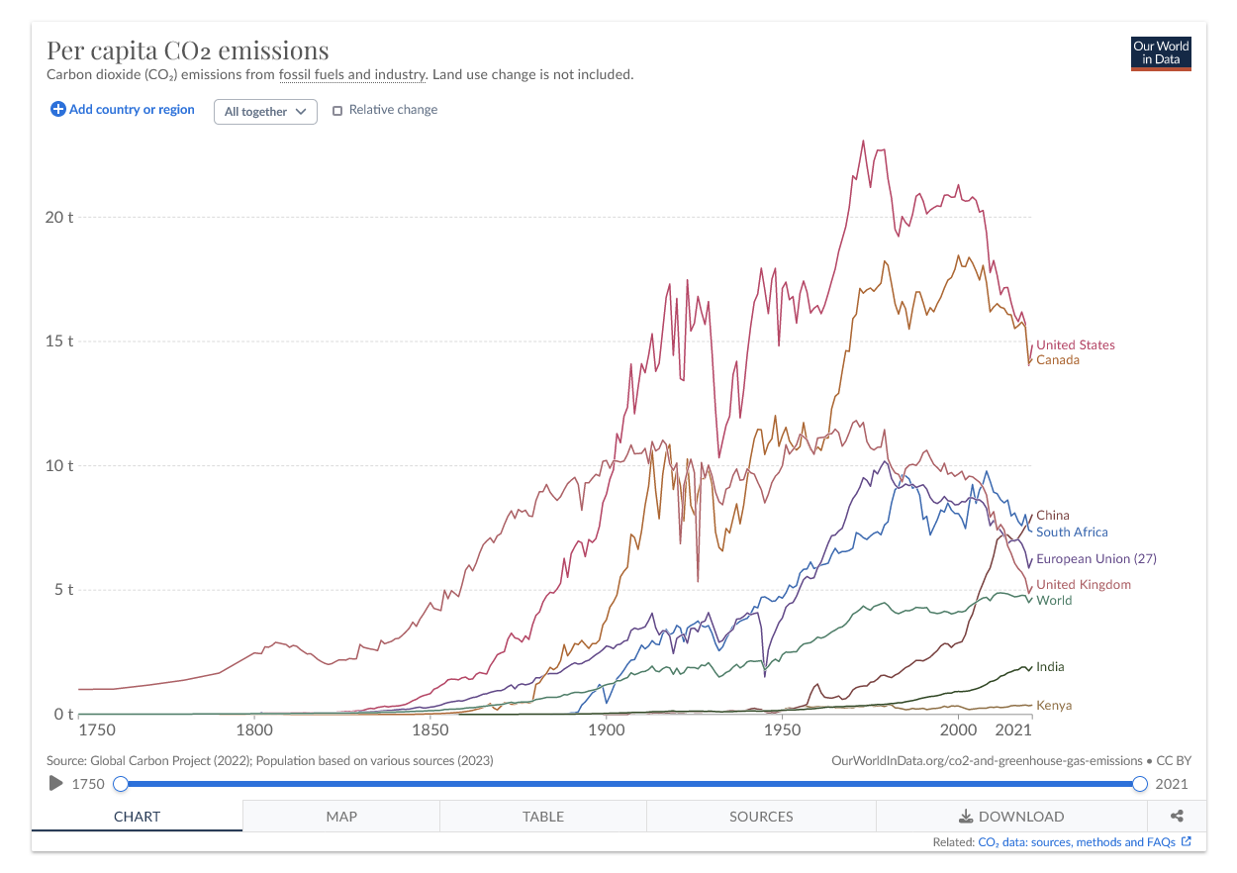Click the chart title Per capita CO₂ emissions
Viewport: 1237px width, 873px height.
coord(188,50)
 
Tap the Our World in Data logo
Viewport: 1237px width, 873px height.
coord(1161,53)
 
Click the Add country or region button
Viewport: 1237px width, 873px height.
coord(123,110)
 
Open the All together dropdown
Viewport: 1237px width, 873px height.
coord(265,112)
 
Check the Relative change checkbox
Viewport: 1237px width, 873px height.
coord(337,111)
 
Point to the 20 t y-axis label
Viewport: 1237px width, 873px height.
coord(60,218)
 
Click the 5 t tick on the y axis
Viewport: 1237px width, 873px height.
coord(64,590)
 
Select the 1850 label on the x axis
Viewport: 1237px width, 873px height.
coord(429,730)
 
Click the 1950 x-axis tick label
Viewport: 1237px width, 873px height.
coord(782,730)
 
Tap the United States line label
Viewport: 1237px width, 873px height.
coord(1075,345)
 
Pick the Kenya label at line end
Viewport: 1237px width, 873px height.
coord(1053,706)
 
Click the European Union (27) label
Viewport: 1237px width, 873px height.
coord(1095,559)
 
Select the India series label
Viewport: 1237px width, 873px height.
coord(1050,667)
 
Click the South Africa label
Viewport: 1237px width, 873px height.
coord(1072,533)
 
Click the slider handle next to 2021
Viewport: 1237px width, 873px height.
coord(1140,784)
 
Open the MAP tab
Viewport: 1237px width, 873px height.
coord(341,817)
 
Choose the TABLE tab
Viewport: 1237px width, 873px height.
coord(543,817)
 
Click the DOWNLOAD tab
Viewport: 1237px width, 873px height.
coord(1011,817)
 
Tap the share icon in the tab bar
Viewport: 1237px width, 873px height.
coord(1177,817)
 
